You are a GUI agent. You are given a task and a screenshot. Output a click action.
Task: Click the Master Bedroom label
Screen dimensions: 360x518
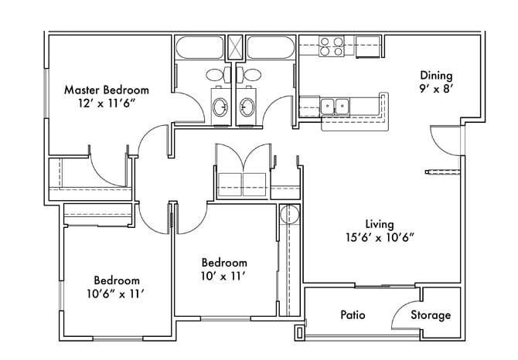[106, 90]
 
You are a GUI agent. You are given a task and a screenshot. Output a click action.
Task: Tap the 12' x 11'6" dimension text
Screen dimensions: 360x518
[106, 102]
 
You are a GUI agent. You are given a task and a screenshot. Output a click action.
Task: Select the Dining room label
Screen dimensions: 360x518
[435, 76]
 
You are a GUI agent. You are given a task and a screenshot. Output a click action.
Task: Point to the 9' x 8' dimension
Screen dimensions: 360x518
[435, 88]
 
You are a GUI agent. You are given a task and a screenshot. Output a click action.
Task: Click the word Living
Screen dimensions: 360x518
[380, 224]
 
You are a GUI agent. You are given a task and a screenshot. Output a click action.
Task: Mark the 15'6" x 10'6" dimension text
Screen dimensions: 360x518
[380, 237]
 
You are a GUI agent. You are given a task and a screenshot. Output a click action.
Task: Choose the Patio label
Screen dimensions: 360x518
[353, 315]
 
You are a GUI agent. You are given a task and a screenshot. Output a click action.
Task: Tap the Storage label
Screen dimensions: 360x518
[430, 315]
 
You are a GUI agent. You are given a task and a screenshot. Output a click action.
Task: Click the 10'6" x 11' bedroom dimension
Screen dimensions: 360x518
[117, 294]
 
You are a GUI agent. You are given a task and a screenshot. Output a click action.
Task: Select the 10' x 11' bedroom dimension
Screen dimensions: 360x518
[224, 275]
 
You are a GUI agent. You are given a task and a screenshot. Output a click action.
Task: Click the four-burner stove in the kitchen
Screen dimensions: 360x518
[332, 47]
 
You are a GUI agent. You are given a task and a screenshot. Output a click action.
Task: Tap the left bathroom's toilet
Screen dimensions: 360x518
[216, 75]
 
